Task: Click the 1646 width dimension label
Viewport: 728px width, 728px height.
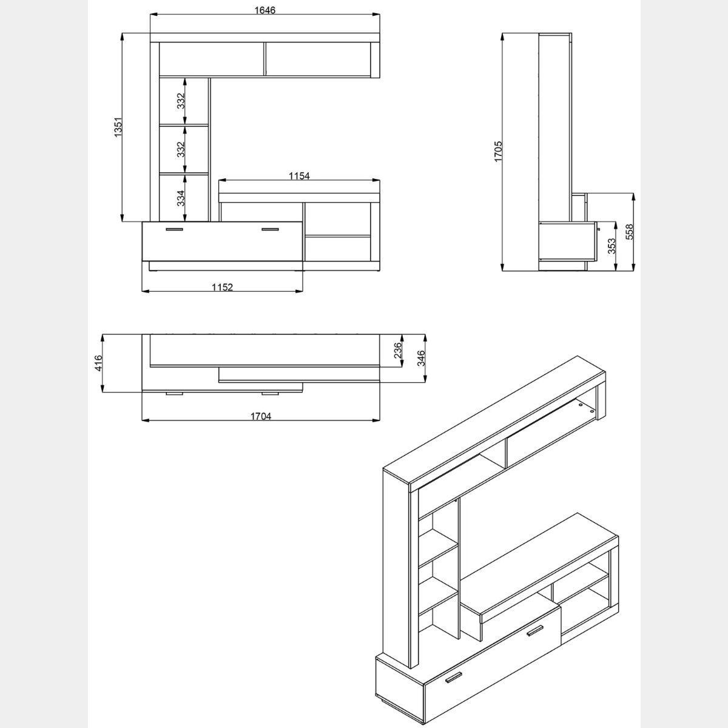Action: (x=265, y=10)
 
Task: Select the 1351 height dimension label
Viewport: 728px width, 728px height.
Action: (x=119, y=127)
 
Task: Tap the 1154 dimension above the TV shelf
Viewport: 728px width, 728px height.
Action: (x=299, y=176)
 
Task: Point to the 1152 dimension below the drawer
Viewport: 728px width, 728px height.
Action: (x=222, y=287)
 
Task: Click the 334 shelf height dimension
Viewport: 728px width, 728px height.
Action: (x=181, y=198)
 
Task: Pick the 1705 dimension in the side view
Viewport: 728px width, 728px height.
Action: (x=498, y=152)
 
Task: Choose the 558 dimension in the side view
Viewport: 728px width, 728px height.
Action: (x=629, y=232)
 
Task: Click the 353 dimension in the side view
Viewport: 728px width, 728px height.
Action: (x=612, y=246)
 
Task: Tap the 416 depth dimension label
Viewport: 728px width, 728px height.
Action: (x=98, y=363)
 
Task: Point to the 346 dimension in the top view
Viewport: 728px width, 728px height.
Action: (x=421, y=358)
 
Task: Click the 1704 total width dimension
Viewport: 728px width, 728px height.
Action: (x=261, y=416)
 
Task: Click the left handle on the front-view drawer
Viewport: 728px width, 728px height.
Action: (x=174, y=229)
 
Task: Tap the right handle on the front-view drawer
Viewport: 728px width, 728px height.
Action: (x=270, y=229)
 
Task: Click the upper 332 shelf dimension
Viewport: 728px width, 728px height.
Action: (x=181, y=101)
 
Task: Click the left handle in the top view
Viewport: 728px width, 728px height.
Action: (x=174, y=393)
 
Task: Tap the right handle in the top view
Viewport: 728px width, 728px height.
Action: (x=270, y=393)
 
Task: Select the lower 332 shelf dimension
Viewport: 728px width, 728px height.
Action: (x=181, y=149)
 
